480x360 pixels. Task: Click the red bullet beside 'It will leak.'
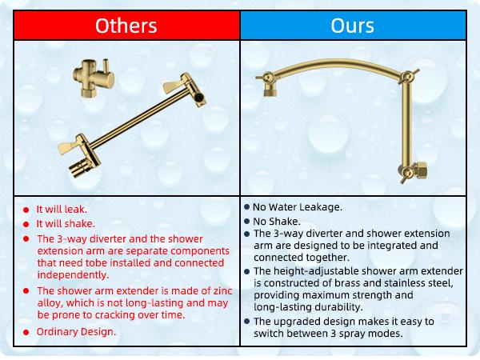26,210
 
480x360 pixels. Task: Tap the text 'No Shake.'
278,221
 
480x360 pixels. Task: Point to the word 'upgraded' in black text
298,321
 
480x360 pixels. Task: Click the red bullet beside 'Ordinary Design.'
26,331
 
